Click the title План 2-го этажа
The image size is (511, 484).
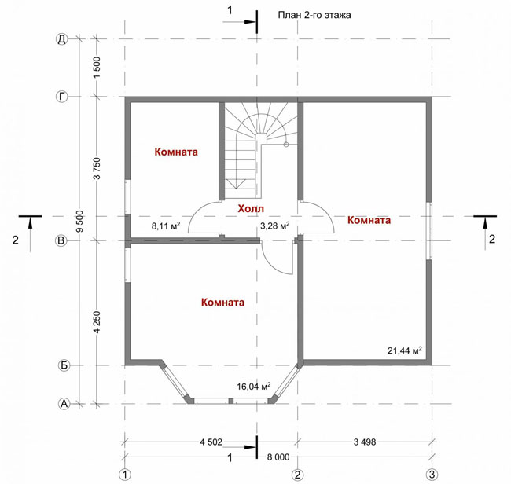[314, 15]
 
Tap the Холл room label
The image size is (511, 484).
[251, 208]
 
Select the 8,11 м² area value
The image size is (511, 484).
[166, 225]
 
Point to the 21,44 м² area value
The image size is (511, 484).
[404, 350]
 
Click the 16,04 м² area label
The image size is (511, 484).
[254, 387]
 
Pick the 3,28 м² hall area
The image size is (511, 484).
[275, 225]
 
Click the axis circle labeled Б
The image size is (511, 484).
[64, 365]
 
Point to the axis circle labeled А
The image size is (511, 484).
[64, 404]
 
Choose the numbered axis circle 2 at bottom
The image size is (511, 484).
[297, 475]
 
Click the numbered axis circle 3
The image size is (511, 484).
[432, 475]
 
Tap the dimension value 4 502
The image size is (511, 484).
[211, 442]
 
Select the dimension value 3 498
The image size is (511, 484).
[365, 442]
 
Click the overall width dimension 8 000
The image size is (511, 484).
[278, 457]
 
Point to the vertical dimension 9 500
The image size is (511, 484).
[80, 222]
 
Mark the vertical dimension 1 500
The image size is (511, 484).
[97, 67]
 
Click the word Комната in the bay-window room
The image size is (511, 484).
[223, 302]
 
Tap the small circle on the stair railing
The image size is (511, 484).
[286, 145]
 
